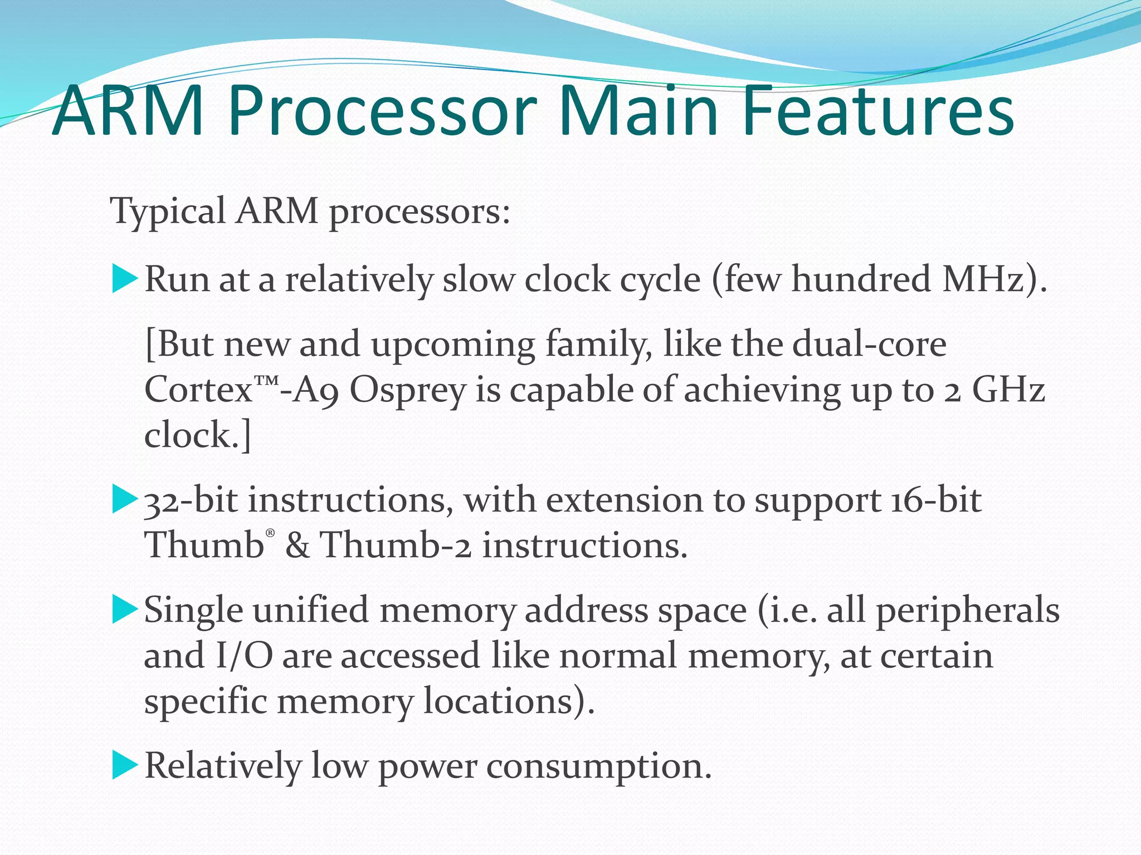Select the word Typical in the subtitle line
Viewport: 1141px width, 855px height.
point(168,212)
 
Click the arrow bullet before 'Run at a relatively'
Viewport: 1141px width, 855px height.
point(124,278)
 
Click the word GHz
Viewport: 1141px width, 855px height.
point(1008,390)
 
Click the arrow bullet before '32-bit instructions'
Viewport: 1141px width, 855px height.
point(124,499)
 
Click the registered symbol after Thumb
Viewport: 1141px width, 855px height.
point(270,533)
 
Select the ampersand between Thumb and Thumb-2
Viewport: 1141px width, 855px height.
point(297,545)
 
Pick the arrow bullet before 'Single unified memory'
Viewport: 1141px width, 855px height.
point(124,609)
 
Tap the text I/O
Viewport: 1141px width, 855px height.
point(243,656)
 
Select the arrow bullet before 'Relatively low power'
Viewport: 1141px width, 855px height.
point(124,765)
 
